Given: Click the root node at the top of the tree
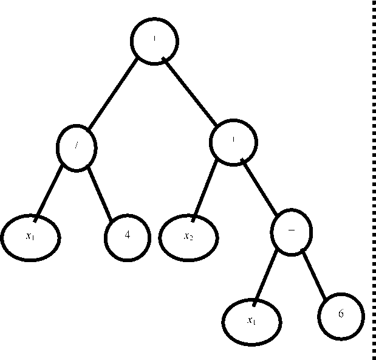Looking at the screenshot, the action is click(x=156, y=41).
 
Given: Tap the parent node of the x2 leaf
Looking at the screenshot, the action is click(x=234, y=142).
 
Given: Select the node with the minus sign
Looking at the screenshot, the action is click(x=291, y=233).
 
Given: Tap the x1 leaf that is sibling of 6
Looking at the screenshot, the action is click(x=251, y=320).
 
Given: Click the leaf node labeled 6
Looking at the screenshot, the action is click(x=340, y=317).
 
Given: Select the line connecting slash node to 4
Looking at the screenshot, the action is click(x=100, y=192).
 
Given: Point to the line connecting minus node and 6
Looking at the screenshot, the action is click(x=316, y=275).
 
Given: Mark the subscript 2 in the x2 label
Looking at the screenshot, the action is click(x=192, y=238).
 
